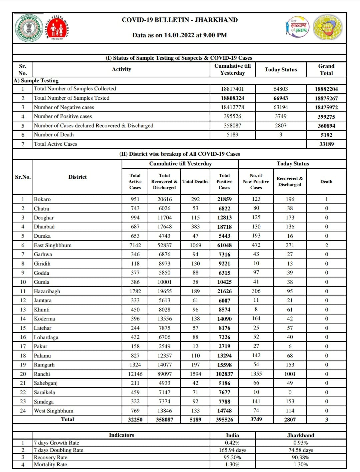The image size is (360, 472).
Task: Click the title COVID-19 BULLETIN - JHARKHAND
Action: [x=180, y=20]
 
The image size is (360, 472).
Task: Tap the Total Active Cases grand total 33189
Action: [x=326, y=144]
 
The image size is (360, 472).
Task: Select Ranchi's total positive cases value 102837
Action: [x=224, y=374]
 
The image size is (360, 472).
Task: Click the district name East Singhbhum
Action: [x=53, y=245]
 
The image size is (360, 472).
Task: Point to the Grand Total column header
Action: [x=326, y=70]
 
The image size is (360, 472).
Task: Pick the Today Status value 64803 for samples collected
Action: [x=280, y=89]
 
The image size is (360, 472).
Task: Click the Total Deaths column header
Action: [x=195, y=182]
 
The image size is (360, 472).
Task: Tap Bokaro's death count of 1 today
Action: [x=326, y=199]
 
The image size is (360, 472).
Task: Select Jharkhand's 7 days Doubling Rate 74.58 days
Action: [x=301, y=450]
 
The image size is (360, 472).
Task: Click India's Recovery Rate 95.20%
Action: [x=232, y=457]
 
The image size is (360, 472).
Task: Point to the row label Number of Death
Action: [x=54, y=135]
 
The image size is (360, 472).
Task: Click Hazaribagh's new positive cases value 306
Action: [x=256, y=291]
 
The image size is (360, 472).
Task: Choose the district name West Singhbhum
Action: [x=54, y=411]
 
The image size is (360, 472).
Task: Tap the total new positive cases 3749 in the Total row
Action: [x=256, y=419]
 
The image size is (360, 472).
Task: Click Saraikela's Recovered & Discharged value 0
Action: [x=290, y=392]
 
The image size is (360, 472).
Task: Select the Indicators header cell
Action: [x=121, y=435]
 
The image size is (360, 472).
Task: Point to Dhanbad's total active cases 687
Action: [x=135, y=227]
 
